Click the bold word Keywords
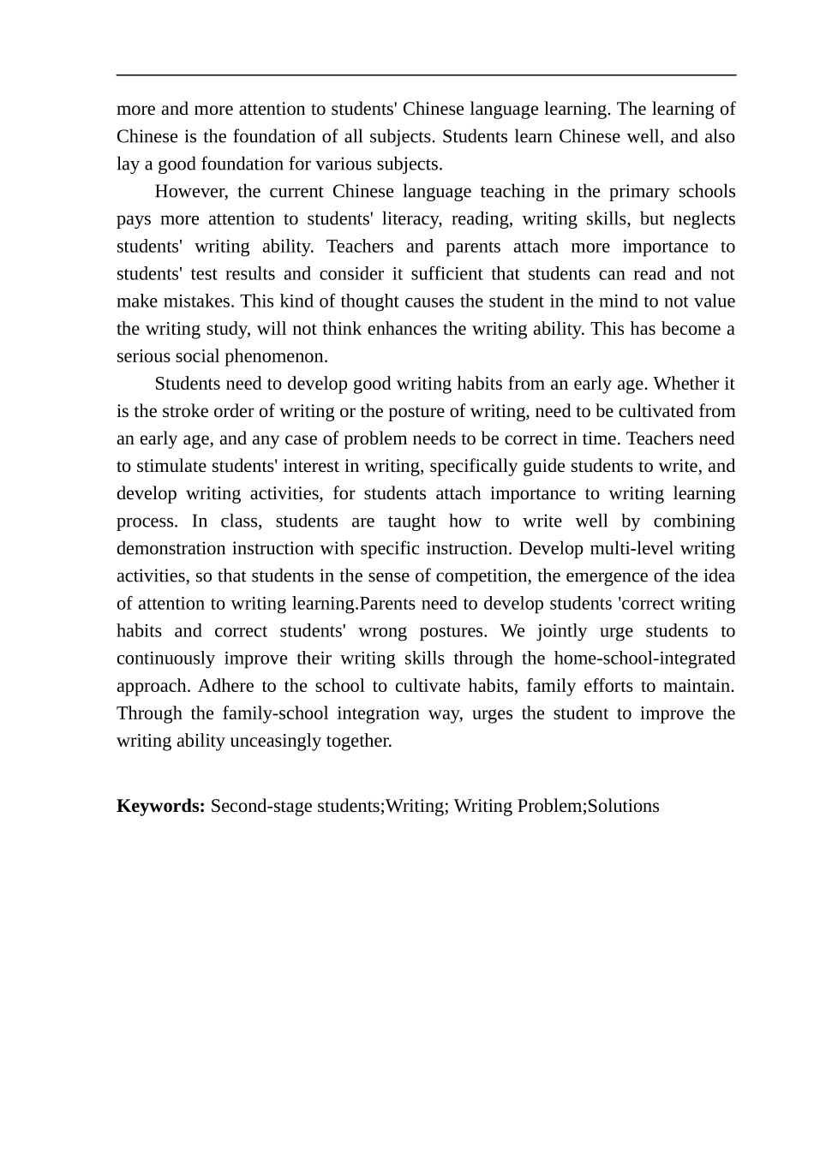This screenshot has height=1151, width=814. (x=160, y=806)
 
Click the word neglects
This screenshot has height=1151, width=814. (x=703, y=218)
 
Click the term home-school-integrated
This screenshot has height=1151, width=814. (x=644, y=659)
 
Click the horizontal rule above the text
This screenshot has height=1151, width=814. (x=426, y=75)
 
